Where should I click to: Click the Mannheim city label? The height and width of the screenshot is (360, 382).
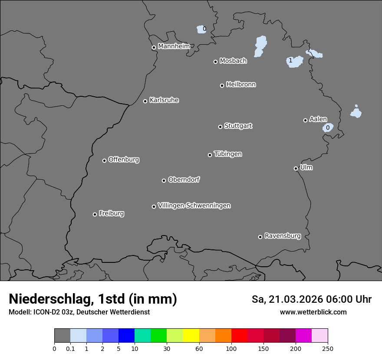tap(174, 46)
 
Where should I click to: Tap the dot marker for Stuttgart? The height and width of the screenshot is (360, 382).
tap(220, 127)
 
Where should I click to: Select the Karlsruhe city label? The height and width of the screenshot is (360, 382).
tap(164, 100)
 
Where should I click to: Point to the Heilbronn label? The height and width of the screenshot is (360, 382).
tap(241, 84)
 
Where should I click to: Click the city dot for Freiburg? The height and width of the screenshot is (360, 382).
tap(95, 214)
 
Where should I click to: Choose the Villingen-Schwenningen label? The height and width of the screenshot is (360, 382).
tap(194, 205)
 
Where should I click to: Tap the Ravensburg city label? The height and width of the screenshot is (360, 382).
tap(282, 236)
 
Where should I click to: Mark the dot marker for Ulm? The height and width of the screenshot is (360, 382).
tap(296, 168)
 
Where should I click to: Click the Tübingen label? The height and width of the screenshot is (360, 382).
tap(228, 154)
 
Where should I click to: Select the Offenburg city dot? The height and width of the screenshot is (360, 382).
tap(104, 160)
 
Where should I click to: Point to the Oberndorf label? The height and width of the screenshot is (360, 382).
tap(184, 180)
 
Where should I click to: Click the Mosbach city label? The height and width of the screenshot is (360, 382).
tap(233, 61)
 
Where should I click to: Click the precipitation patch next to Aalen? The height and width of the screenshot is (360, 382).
tap(328, 127)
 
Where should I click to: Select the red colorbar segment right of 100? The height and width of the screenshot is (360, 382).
tap(239, 336)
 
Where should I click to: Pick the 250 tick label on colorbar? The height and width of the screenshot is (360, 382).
tap(328, 348)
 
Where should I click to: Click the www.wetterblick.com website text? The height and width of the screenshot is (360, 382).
tap(313, 312)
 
